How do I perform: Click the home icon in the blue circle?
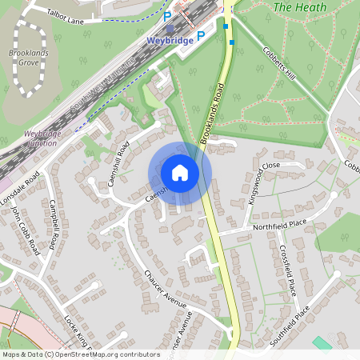coord(180,173)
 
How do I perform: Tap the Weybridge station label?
coord(170,38)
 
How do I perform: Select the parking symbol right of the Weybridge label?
coord(201,35)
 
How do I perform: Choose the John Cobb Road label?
coord(26,231)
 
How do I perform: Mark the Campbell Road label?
coord(54,223)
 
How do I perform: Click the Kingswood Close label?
coord(264,183)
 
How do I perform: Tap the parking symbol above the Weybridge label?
coord(167,15)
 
